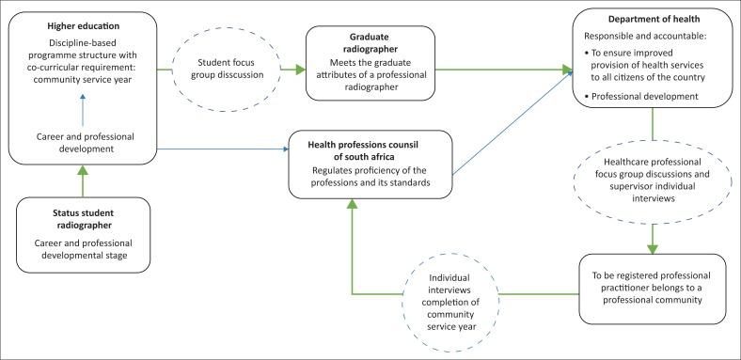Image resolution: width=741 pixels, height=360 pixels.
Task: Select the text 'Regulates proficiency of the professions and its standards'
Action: (x=372, y=175)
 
